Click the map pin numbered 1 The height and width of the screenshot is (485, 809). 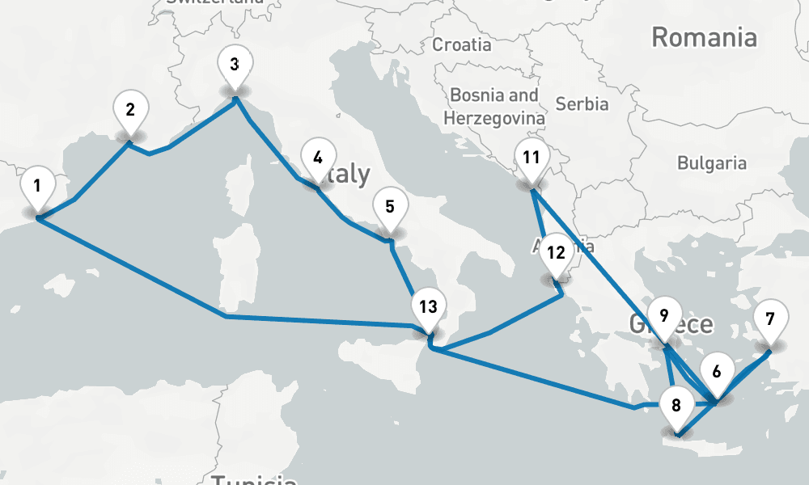36,188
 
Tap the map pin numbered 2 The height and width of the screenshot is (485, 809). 130,110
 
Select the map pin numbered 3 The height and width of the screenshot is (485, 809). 234,66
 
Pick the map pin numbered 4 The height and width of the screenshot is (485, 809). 317,158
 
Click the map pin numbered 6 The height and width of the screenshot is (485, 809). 716,373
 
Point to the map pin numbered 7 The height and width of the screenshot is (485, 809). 769,319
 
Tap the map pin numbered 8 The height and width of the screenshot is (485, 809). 676,407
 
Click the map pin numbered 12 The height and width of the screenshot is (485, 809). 555,253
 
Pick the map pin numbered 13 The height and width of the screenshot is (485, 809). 428,308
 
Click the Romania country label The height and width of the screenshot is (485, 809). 704,37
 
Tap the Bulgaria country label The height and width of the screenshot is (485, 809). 711,163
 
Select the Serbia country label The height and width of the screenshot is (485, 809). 582,103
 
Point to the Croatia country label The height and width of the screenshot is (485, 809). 461,44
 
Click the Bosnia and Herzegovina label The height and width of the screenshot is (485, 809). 494,106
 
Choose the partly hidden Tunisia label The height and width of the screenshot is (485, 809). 253,479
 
